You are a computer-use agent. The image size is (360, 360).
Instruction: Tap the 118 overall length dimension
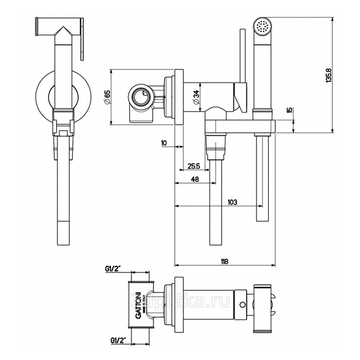click(224, 261)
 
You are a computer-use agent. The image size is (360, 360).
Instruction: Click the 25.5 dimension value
click(194, 166)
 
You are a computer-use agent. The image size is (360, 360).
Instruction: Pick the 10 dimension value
click(164, 143)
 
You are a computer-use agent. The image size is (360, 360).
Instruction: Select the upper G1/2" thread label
click(113, 268)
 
